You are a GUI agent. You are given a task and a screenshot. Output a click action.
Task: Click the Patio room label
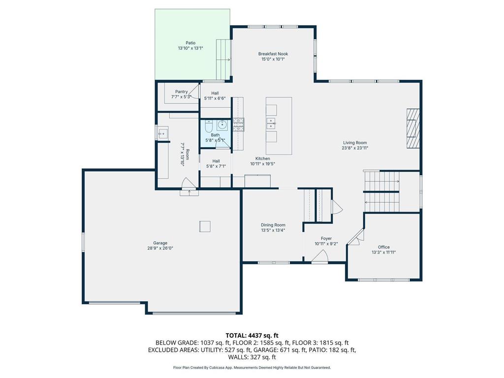pos(190,43)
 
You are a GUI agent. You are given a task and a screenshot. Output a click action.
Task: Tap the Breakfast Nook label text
pos(273,54)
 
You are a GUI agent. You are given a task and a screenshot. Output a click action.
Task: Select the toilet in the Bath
pos(209,125)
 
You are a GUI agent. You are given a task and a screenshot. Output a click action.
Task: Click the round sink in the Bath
pos(222,125)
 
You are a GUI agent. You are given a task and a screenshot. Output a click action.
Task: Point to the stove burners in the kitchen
pos(238,124)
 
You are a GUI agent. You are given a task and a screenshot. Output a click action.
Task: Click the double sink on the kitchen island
pos(271,123)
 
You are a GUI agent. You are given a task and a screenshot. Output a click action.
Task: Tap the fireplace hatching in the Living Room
pos(413,127)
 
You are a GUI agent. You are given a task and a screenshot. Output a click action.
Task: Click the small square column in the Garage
pos(205,226)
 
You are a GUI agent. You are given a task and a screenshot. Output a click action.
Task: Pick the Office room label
pos(383,247)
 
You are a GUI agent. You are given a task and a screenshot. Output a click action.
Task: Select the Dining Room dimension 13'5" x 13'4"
pos(273,230)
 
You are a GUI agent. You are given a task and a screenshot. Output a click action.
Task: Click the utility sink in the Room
pos(162,133)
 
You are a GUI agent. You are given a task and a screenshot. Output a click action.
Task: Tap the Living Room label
pos(355,143)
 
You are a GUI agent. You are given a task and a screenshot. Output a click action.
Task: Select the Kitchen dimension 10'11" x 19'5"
pos(263,164)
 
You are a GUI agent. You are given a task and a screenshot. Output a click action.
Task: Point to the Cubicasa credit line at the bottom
pos(252,367)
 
